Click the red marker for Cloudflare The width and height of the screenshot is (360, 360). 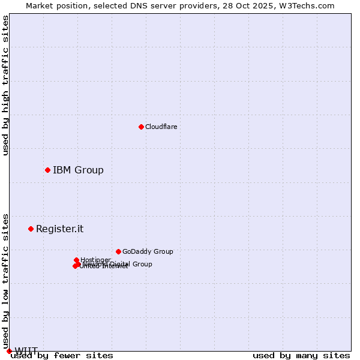(x=141, y=127)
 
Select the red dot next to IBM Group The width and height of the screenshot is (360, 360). (x=47, y=170)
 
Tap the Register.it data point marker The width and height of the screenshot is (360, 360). (x=31, y=229)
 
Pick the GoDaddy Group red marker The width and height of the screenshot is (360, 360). (x=118, y=251)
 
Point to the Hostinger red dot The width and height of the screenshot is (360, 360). (x=76, y=260)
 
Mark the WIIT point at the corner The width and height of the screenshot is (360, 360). (x=9, y=351)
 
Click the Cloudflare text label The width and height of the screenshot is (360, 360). (x=161, y=127)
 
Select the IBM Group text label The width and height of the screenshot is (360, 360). (x=78, y=170)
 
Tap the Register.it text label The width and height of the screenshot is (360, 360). (x=59, y=229)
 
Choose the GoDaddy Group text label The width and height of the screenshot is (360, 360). (x=148, y=251)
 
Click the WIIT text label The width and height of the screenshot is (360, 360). (x=26, y=351)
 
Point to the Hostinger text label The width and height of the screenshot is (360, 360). (x=95, y=260)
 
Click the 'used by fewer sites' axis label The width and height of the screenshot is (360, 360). (x=62, y=355)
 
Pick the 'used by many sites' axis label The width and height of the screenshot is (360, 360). (x=301, y=355)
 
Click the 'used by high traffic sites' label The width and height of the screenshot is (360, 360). (x=5, y=85)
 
